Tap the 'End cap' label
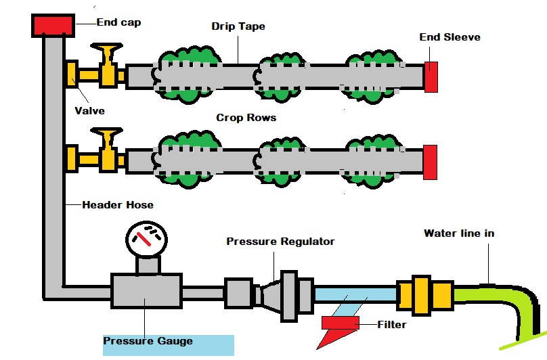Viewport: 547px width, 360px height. (x=118, y=22)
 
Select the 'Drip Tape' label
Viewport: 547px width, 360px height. (x=238, y=26)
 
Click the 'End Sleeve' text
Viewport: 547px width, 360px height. (x=450, y=37)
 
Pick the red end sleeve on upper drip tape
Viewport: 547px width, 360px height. (x=431, y=76)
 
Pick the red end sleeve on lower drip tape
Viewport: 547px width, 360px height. (x=429, y=162)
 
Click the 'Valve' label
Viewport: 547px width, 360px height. (x=89, y=110)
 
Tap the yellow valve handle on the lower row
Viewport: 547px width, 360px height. (x=107, y=139)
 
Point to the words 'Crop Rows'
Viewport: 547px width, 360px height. (x=246, y=118)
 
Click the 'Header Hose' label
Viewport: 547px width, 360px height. (x=118, y=204)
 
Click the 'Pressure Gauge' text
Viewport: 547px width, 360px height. (x=148, y=341)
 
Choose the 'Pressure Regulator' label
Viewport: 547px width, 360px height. (x=280, y=242)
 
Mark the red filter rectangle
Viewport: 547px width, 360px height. (x=340, y=323)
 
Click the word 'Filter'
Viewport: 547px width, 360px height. (x=391, y=325)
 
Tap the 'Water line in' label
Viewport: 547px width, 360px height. (x=459, y=233)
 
